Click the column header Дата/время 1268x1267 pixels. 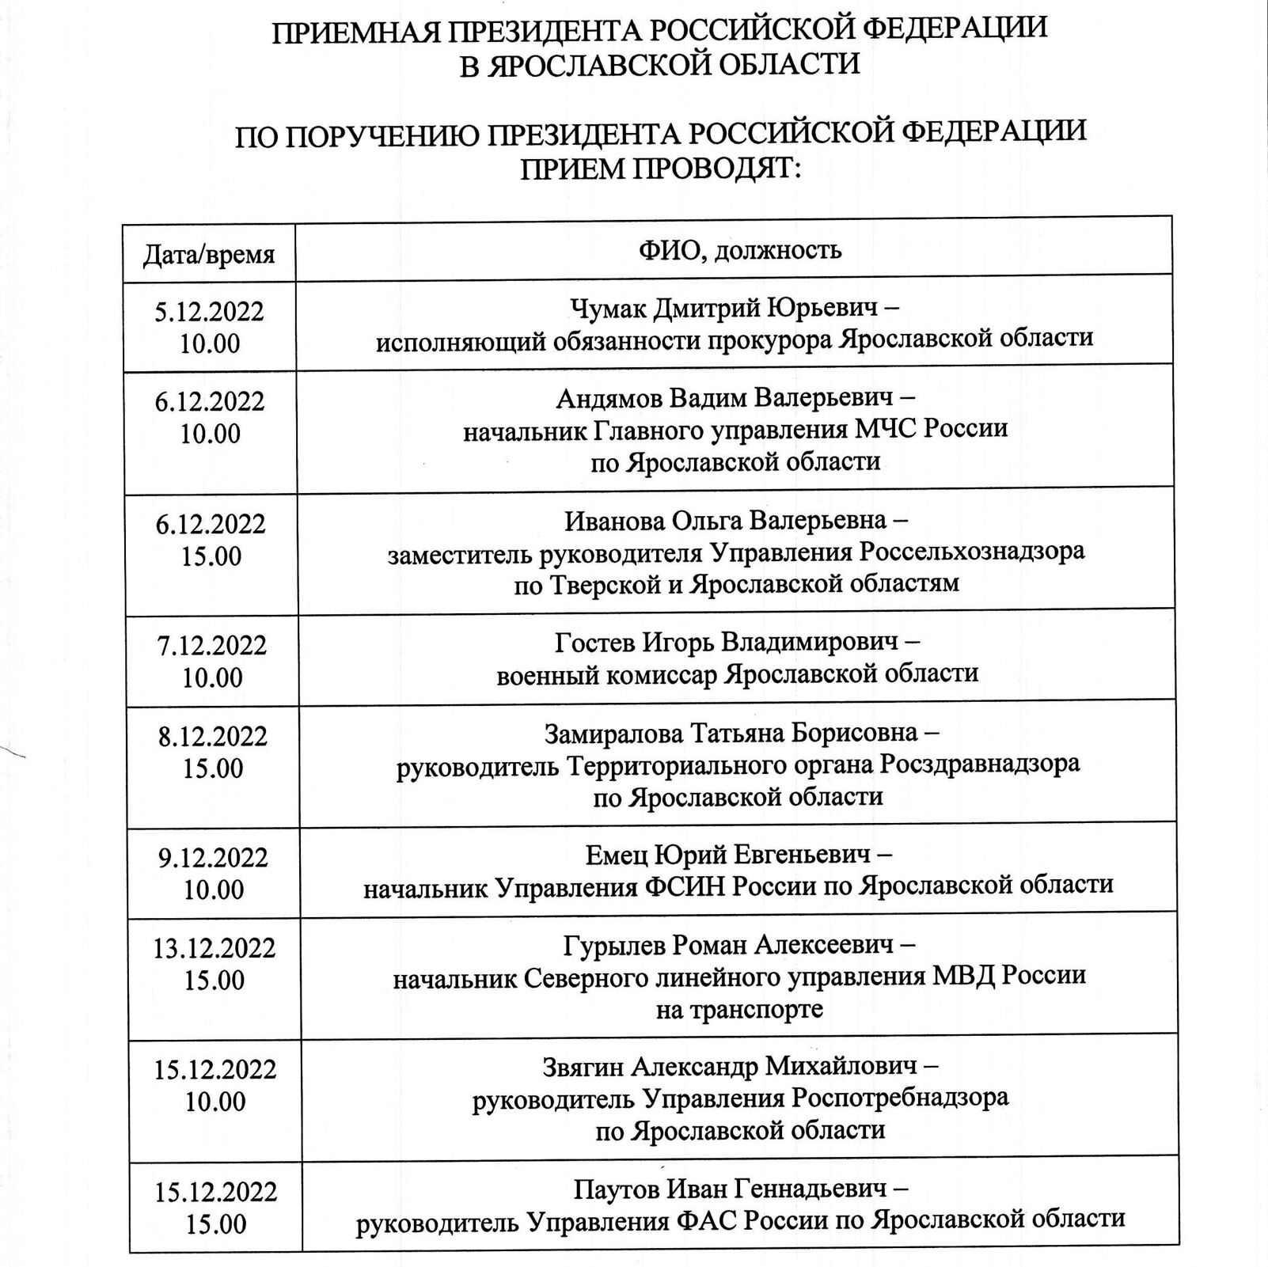click(209, 255)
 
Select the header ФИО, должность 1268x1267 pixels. click(740, 251)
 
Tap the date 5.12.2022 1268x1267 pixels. click(210, 311)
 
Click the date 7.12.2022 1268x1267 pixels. click(212, 646)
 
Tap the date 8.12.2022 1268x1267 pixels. click(213, 737)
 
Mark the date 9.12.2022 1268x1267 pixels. click(213, 858)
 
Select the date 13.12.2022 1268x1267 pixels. click(214, 948)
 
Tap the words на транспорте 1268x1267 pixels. click(739, 1009)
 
